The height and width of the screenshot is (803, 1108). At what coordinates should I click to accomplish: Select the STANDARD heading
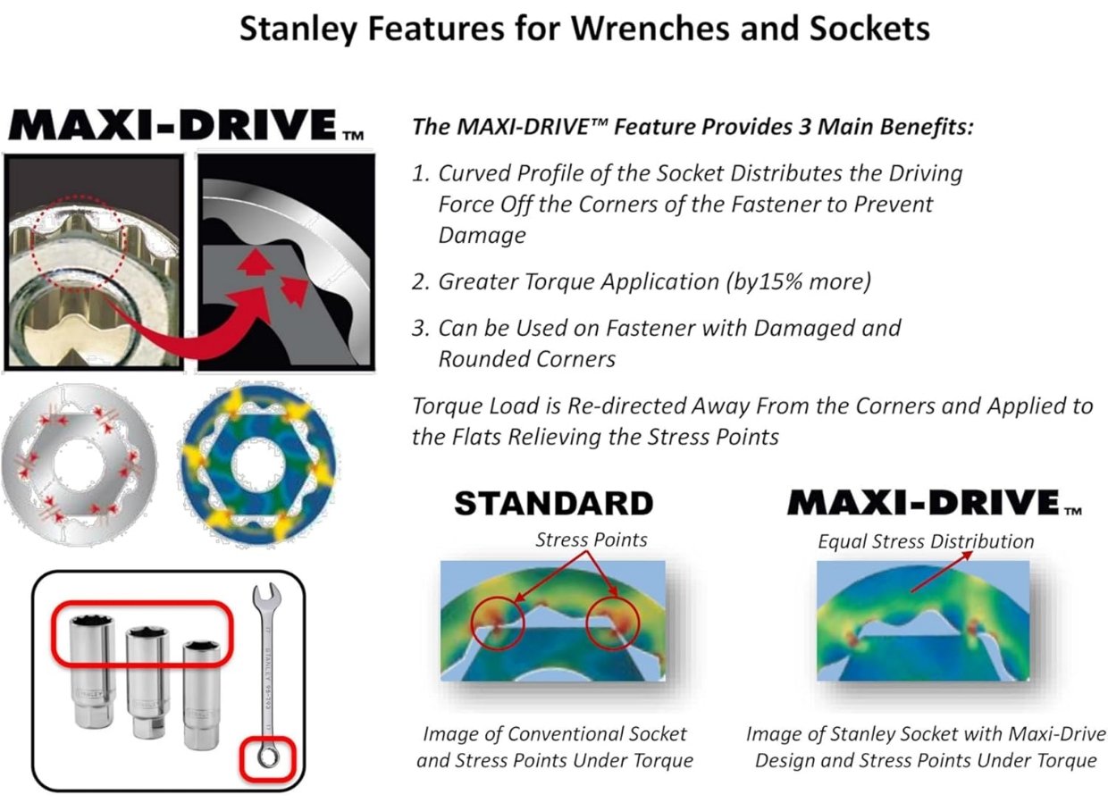[x=554, y=504]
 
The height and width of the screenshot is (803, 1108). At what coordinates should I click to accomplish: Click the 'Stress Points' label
[x=592, y=540]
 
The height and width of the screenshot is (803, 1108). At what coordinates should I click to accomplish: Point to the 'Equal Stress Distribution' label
[x=926, y=541]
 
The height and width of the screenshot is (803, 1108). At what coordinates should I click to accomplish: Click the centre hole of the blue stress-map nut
[x=259, y=465]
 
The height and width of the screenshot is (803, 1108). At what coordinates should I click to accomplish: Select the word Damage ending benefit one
[x=482, y=236]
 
